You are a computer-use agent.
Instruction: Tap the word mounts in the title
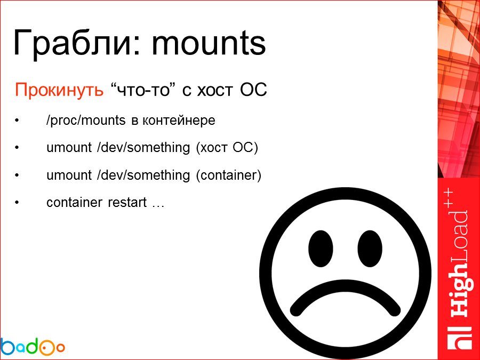[x=209, y=43]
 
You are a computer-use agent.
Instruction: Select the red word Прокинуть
[x=59, y=90]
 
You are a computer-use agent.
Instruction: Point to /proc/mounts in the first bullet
[x=86, y=120]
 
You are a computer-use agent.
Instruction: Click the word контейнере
[x=178, y=120]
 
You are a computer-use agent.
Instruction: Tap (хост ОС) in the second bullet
[x=227, y=148]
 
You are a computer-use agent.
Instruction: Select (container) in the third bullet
[x=229, y=175]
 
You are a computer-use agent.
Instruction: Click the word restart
[x=127, y=203]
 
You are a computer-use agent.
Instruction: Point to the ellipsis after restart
[x=158, y=204]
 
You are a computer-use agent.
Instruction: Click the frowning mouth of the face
[x=345, y=296]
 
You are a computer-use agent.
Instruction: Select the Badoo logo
[x=33, y=346]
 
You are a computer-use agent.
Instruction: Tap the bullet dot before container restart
[x=17, y=203]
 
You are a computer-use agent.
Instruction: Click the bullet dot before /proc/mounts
[x=17, y=121]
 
